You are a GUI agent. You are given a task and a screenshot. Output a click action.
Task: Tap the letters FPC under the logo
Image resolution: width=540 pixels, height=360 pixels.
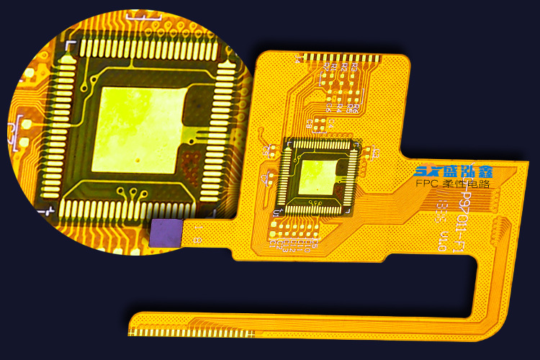coord(430,185)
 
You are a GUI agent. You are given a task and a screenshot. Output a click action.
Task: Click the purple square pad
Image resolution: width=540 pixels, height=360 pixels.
coord(166,233)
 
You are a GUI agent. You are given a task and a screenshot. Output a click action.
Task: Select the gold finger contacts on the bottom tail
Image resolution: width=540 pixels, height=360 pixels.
coord(191,333)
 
